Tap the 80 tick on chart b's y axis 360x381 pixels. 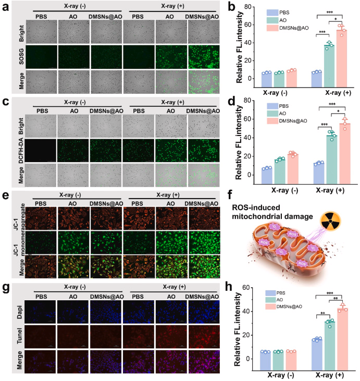tap(255, 7)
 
